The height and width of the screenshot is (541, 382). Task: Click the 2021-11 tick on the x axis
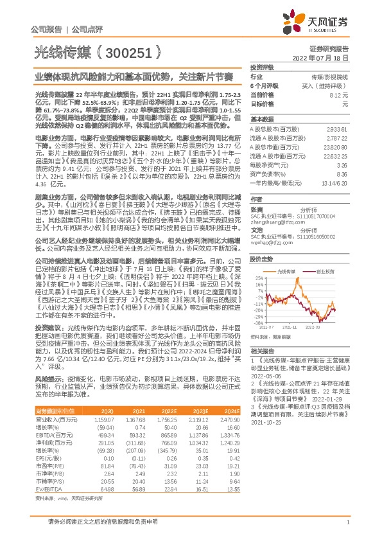pos(291,328)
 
